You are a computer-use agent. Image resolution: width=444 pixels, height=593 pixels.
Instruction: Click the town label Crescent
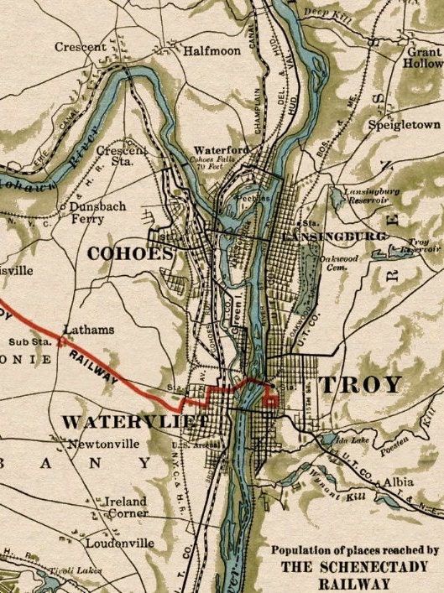click(x=81, y=48)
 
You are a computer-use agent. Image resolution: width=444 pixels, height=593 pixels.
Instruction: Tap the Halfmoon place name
click(x=212, y=51)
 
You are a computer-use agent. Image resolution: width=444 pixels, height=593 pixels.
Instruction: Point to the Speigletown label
click(x=404, y=125)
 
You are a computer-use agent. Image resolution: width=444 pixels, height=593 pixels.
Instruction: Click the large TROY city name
click(x=359, y=385)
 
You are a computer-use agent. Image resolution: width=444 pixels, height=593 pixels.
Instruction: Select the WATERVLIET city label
click(x=133, y=420)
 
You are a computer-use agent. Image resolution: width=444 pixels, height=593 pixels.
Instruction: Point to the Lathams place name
click(x=88, y=330)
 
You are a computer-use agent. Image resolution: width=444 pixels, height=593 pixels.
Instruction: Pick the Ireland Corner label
click(x=125, y=507)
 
